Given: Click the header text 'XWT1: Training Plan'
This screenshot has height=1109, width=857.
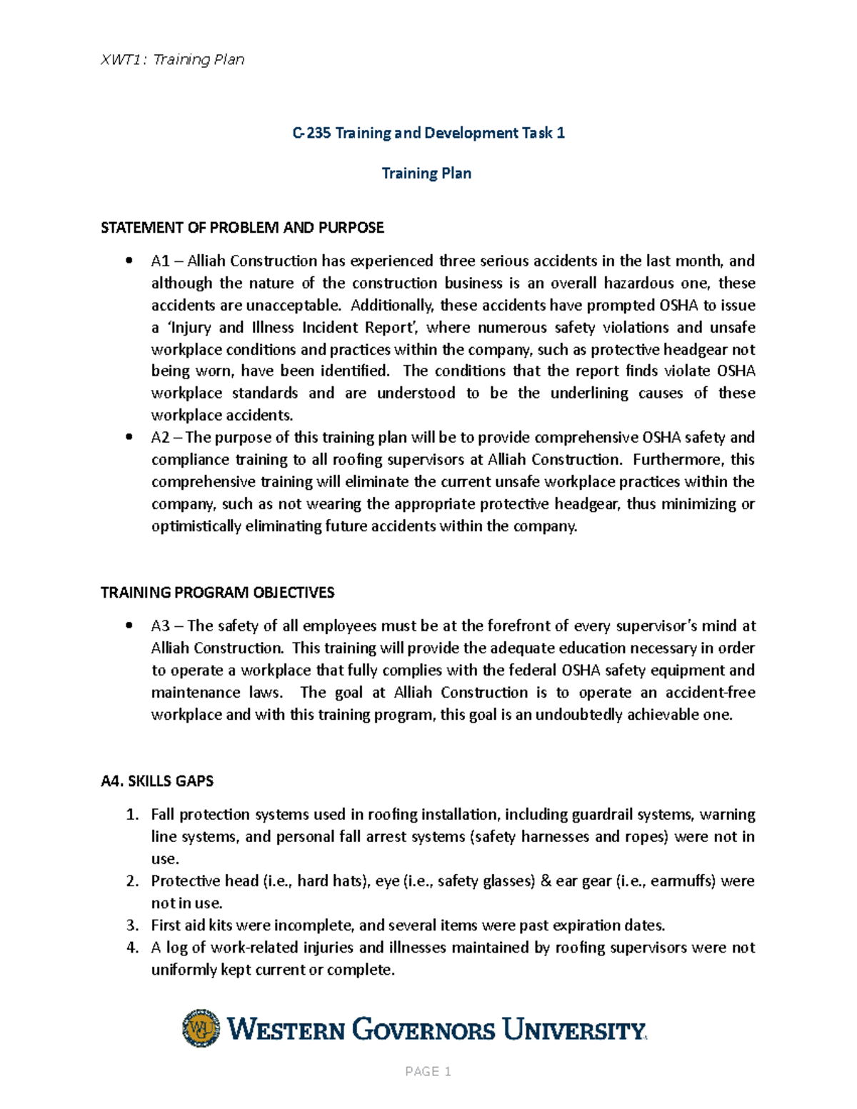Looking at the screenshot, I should pos(173,60).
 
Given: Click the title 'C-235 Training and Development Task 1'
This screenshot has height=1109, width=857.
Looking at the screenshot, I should pos(428,133).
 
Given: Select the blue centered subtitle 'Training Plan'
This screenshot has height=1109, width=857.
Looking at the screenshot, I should pos(426,174).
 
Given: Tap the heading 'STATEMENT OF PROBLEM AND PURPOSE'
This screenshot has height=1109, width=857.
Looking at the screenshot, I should pos(242,228).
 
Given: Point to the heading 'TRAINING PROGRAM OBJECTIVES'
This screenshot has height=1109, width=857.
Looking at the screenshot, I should pos(217,593).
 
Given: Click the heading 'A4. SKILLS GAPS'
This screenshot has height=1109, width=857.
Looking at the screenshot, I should pos(157,781).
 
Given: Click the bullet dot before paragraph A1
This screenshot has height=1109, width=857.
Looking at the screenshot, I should pos(129,261).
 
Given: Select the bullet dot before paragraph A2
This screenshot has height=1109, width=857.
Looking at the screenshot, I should pos(129,438).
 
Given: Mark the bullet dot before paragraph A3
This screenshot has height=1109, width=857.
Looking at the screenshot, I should pos(129,626).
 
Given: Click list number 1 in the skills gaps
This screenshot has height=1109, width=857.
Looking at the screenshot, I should pos(131,815).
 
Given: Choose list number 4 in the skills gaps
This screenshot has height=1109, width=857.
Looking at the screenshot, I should pos(131,948).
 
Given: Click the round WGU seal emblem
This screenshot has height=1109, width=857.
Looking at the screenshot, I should pos(201,1028).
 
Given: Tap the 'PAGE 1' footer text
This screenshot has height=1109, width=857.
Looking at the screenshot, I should pos(428,1071).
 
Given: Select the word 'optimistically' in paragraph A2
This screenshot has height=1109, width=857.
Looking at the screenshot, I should pos(196,527).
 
